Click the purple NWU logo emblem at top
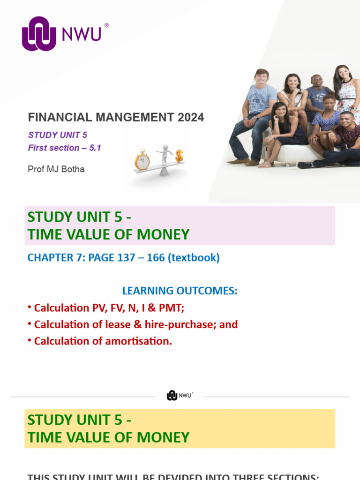coord(39,34)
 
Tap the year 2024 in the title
coord(191,117)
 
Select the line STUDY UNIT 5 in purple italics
coord(58,135)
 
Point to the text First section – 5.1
coord(65,148)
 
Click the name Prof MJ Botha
coord(56,169)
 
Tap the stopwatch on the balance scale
coord(142,160)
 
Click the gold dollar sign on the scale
coord(179,156)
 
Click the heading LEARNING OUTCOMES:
coord(180,291)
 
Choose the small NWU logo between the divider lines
coord(180,396)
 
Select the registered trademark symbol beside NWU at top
coord(106,26)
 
